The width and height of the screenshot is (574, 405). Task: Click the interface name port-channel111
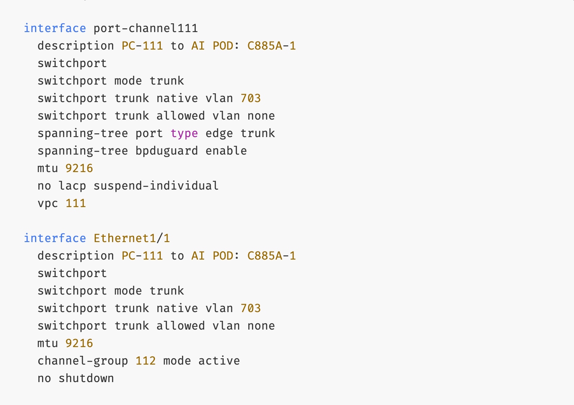(x=145, y=28)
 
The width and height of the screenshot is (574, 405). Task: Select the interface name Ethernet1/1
(x=132, y=238)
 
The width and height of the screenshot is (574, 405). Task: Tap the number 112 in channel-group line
(x=145, y=361)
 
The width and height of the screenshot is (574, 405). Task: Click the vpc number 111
(x=75, y=203)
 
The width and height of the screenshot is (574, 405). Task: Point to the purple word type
(x=184, y=133)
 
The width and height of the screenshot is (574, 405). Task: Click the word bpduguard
(x=167, y=151)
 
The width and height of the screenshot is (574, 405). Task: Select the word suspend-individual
(x=156, y=186)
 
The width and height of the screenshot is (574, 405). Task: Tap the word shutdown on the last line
(x=86, y=378)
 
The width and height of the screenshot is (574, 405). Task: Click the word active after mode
(x=219, y=361)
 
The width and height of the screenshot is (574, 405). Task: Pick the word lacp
(x=72, y=186)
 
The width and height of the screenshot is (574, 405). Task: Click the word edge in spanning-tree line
(x=219, y=133)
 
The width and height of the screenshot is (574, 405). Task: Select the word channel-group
(x=82, y=361)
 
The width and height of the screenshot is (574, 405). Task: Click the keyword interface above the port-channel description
(x=55, y=28)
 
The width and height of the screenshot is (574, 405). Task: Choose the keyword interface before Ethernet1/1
(x=55, y=238)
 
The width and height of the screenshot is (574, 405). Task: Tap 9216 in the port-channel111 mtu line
(x=79, y=168)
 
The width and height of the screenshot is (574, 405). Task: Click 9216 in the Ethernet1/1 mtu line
(x=79, y=343)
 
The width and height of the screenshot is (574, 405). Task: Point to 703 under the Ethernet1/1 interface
(x=250, y=308)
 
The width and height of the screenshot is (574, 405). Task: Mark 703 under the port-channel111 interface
(x=250, y=98)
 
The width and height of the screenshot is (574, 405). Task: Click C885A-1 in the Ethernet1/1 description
(x=272, y=256)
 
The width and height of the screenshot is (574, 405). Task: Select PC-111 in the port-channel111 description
(x=142, y=46)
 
